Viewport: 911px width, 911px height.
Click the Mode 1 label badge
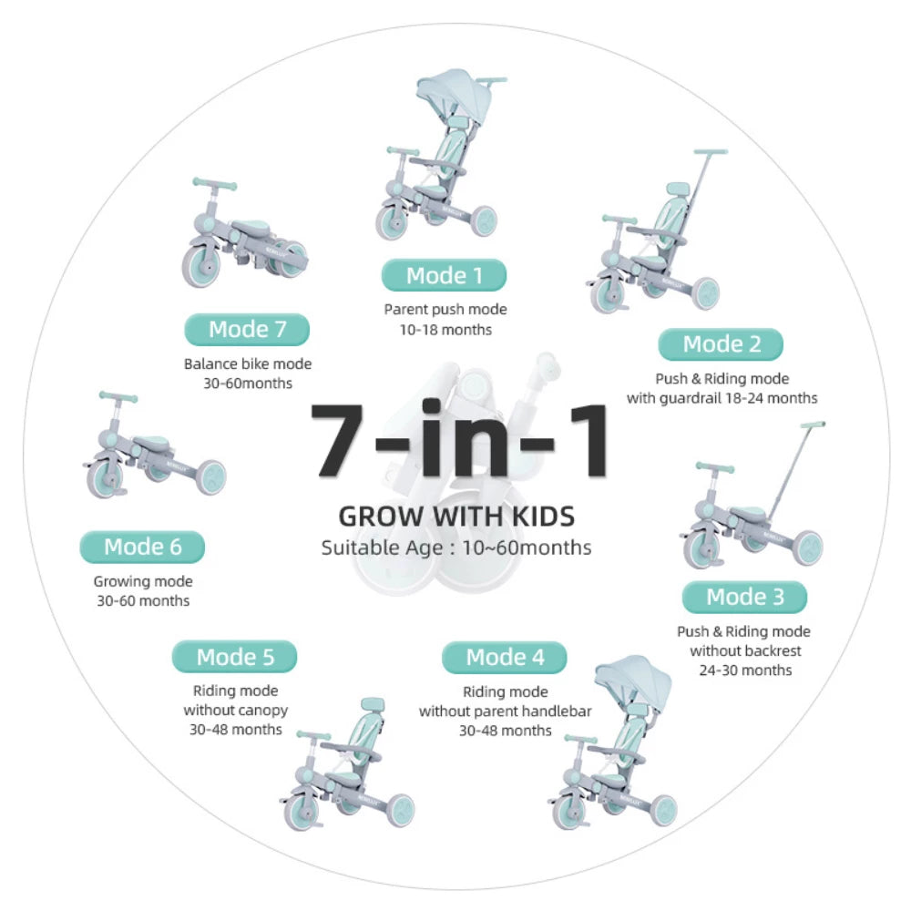pos(444,275)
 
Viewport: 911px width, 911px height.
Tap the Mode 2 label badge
pos(721,344)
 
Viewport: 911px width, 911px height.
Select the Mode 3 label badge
pos(744,597)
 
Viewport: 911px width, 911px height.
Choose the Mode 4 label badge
pos(505,657)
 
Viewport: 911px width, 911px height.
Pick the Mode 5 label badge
pos(235,657)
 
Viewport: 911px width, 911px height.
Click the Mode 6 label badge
pos(142,547)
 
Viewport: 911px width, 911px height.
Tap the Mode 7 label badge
pos(247,329)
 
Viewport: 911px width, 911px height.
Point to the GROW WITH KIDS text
pos(456,517)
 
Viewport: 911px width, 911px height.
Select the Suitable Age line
pos(456,548)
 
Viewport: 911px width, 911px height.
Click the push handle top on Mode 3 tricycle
pos(814,425)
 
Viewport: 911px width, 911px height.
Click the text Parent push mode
pos(445,310)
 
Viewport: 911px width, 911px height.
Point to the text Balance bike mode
pos(247,364)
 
